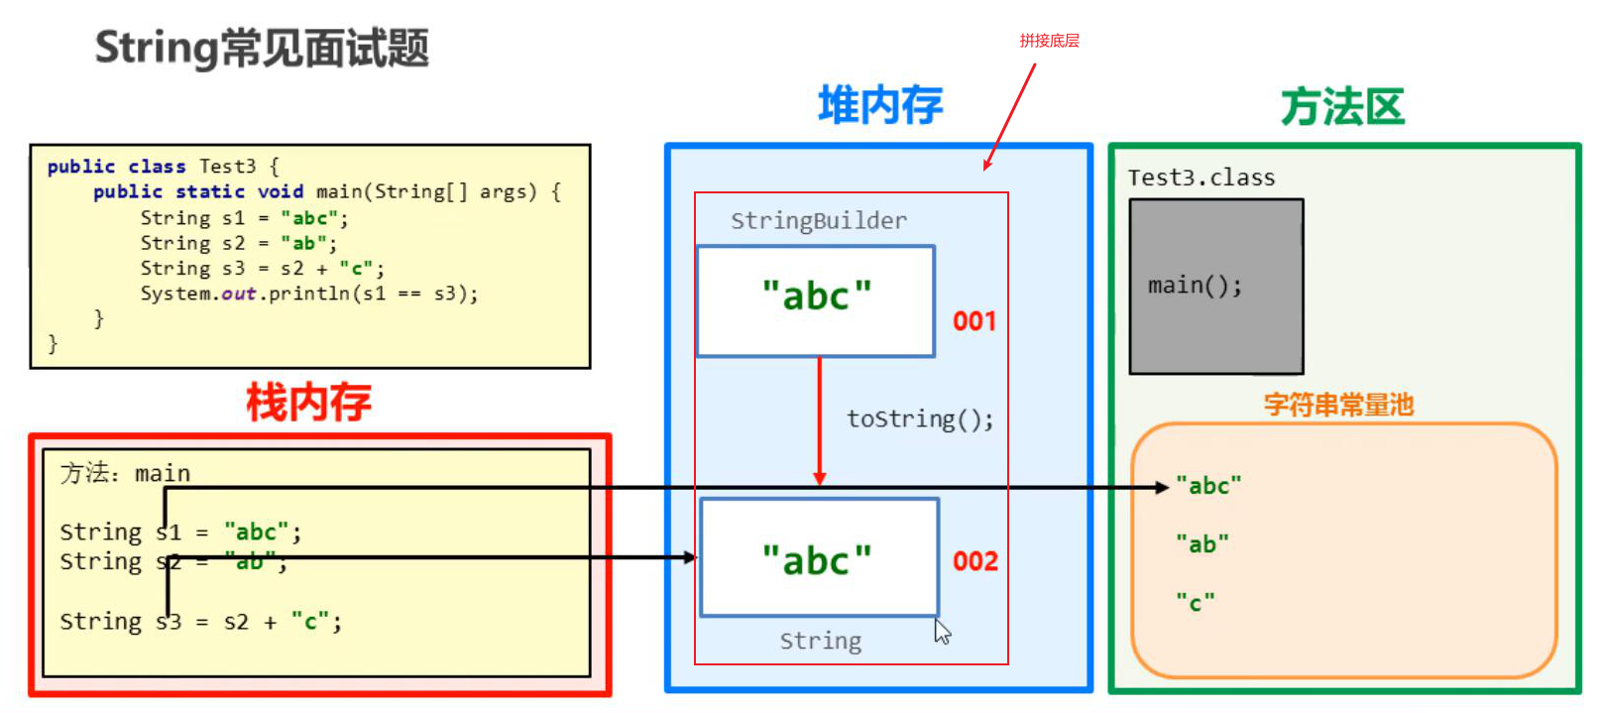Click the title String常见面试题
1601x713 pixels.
pyautogui.click(x=262, y=48)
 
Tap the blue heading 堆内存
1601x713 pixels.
pyautogui.click(x=879, y=105)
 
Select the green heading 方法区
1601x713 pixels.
pyautogui.click(x=1342, y=107)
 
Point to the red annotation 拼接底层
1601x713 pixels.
pyautogui.click(x=1049, y=41)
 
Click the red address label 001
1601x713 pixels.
pyautogui.click(x=973, y=321)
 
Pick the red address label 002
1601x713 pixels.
pyautogui.click(x=974, y=561)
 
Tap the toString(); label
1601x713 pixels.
pyautogui.click(x=919, y=419)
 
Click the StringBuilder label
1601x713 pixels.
pyautogui.click(x=819, y=221)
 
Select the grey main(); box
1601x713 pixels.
pyautogui.click(x=1216, y=287)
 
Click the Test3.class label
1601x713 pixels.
pyautogui.click(x=1201, y=178)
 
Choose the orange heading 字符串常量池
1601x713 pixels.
pyautogui.click(x=1338, y=405)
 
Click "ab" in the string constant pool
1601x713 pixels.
pyautogui.click(x=1201, y=544)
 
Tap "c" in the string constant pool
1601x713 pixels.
pyautogui.click(x=1195, y=603)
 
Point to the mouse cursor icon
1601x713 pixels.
pyautogui.click(x=942, y=632)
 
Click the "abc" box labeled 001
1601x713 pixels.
pyautogui.click(x=816, y=300)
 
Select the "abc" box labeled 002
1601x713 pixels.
pyautogui.click(x=819, y=557)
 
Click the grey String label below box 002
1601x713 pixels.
pyautogui.click(x=820, y=642)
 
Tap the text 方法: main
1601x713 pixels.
pyautogui.click(x=125, y=474)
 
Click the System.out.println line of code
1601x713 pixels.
pyautogui.click(x=308, y=295)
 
